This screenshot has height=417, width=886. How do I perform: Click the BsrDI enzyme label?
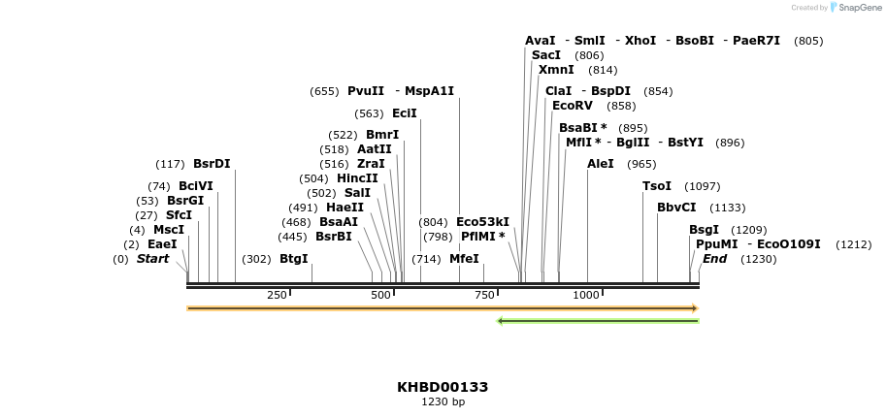pos(212,164)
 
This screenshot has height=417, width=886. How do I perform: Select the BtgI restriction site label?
pos(293,259)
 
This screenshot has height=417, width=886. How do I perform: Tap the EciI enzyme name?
pos(404,113)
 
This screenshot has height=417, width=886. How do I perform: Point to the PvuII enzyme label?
pos(366,91)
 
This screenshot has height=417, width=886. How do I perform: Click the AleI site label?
pos(601,164)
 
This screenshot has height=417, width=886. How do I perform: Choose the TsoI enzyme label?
pos(657,186)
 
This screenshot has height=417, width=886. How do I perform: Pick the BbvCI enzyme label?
pos(676,208)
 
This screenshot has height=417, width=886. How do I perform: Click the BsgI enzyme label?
pos(704,230)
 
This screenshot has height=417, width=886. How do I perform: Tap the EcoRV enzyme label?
pos(572,106)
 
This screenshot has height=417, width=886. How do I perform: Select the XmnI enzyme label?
pos(556,70)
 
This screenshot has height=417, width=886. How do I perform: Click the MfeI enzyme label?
pos(464,259)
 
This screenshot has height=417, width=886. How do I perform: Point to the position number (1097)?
pos(703,186)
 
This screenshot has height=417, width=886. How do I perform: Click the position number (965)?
pos(641,164)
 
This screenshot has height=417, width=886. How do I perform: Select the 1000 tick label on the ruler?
pos(585,295)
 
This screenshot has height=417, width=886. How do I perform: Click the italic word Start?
pos(152,259)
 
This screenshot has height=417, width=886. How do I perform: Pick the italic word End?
pos(714,259)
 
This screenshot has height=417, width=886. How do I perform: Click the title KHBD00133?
pos(443,387)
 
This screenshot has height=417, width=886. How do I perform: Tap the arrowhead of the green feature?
pos(500,321)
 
